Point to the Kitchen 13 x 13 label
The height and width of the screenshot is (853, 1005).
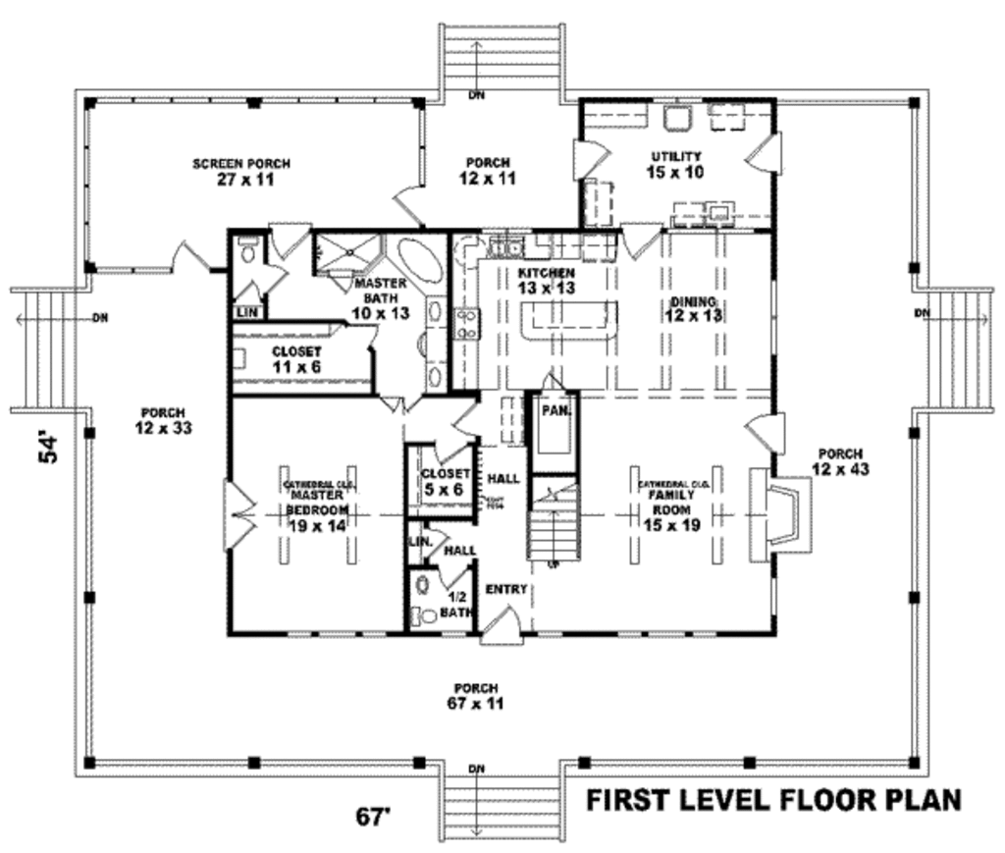(x=547, y=280)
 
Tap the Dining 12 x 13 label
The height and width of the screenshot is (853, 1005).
(x=693, y=308)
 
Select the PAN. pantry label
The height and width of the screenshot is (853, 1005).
(x=556, y=412)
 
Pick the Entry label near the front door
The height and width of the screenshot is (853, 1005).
(x=505, y=589)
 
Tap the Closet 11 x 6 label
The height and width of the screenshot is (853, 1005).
(x=296, y=358)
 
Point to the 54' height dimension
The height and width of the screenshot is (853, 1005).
(x=52, y=447)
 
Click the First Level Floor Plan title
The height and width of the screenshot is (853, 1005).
(x=773, y=800)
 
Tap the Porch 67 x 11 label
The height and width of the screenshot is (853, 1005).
(x=476, y=696)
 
